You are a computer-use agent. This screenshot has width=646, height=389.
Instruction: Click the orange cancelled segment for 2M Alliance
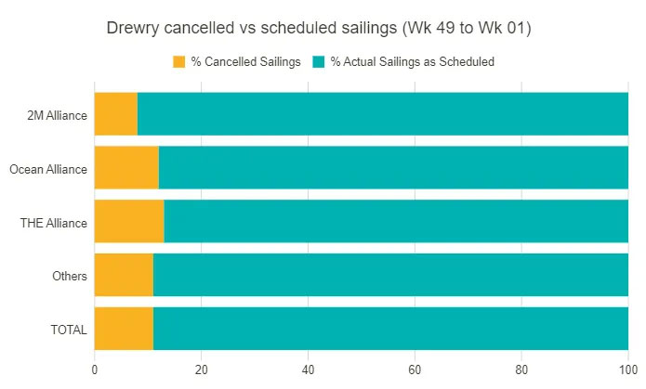click(x=116, y=114)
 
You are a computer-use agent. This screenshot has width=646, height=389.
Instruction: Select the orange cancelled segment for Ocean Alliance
click(x=126, y=168)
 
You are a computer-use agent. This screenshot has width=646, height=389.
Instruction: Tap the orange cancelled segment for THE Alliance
click(x=129, y=222)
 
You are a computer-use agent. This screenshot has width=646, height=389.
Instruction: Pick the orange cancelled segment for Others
click(x=124, y=276)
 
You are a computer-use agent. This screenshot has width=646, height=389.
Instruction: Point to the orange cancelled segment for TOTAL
click(x=124, y=330)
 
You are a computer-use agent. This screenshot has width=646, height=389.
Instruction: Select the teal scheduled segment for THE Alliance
click(x=396, y=222)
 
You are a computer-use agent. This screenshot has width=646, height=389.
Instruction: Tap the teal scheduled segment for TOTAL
click(x=390, y=330)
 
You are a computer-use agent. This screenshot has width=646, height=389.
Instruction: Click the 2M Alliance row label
click(x=58, y=115)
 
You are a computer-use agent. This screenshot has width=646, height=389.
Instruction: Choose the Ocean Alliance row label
click(x=48, y=169)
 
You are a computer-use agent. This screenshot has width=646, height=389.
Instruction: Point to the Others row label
click(x=71, y=277)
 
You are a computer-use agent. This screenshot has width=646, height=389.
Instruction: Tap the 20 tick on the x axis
click(x=201, y=368)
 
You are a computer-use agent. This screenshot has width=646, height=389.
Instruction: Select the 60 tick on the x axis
click(x=415, y=368)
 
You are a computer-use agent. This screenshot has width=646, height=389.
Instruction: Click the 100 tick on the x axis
click(x=627, y=368)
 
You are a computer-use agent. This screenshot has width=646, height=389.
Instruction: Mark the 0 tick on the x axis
click(x=95, y=368)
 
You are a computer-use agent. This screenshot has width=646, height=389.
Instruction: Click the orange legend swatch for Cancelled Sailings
click(x=179, y=62)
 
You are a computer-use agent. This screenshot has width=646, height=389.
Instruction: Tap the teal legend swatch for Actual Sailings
click(x=319, y=62)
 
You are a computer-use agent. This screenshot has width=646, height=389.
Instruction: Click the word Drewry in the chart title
click(x=133, y=29)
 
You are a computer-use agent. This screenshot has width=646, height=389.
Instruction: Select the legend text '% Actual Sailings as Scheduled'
click(x=413, y=62)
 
